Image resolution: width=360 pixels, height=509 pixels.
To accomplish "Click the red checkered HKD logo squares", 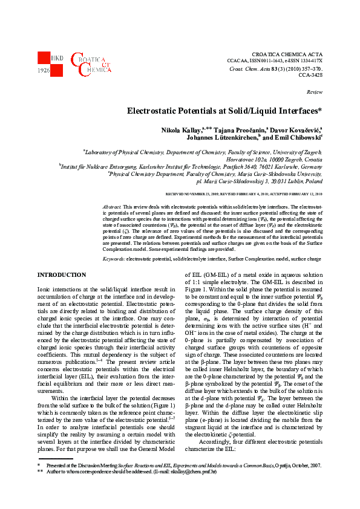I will tap(46, 61).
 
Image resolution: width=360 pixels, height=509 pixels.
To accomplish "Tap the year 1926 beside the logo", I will tap(44, 71).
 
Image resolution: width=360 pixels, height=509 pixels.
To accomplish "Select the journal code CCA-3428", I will tap(310, 76).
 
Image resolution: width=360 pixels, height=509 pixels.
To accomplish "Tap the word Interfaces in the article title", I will tap(297, 111).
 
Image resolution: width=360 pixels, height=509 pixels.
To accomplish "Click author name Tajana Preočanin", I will tap(233, 131).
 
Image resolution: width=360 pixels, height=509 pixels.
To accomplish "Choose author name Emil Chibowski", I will tap(296, 138).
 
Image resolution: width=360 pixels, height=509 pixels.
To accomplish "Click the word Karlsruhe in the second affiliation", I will tap(294, 164).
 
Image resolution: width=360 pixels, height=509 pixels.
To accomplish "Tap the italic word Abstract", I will tap(112, 206).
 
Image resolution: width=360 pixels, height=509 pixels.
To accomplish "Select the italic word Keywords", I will tap(114, 258).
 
